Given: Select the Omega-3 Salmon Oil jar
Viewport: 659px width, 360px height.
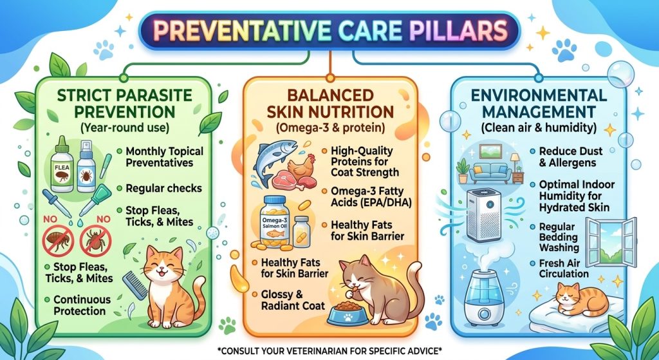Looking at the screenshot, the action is [275, 221].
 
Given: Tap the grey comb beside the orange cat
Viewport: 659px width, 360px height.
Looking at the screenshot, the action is [135, 285].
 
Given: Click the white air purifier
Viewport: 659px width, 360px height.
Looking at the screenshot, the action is [484, 214].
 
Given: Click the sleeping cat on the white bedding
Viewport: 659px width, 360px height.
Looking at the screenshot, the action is [582, 299].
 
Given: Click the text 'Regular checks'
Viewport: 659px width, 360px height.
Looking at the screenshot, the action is [164, 188].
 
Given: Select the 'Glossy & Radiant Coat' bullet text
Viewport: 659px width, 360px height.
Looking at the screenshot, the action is [293, 300].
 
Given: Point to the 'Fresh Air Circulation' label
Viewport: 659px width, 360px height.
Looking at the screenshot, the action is [564, 269].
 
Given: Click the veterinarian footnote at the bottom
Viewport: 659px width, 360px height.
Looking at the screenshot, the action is [329, 350].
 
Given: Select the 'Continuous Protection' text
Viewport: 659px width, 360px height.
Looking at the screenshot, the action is [82, 305].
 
